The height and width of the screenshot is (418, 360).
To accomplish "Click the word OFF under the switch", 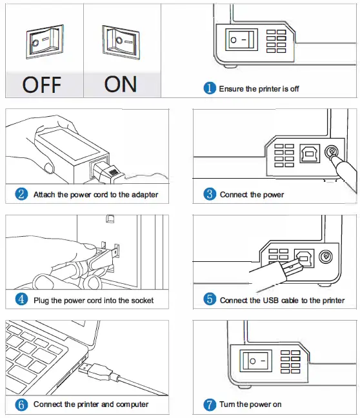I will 42,84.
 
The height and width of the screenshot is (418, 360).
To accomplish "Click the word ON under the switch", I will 120,84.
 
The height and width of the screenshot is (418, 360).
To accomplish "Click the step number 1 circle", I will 210,88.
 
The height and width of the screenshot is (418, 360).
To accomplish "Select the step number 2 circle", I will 22,194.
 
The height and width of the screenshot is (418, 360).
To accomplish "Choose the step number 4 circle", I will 22,300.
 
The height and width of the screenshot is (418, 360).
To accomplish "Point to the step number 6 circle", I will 22,404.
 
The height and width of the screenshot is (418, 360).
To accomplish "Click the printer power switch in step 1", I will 241,40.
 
